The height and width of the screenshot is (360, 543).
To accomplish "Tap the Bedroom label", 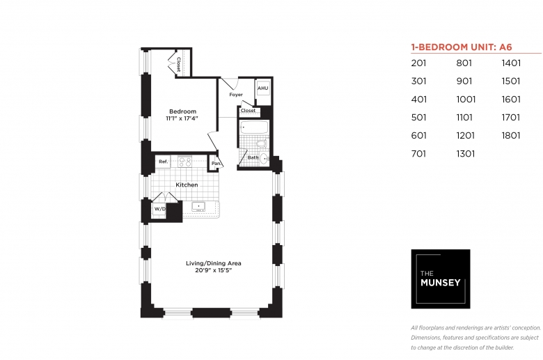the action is pos(182,111).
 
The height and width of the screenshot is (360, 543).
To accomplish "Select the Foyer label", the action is pos(236,95).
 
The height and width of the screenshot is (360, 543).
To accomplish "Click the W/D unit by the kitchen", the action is pos(159,210).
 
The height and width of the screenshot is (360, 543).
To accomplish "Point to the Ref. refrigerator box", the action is pos(163,162).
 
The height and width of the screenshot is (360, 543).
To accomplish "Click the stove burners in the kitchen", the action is pos(185,162).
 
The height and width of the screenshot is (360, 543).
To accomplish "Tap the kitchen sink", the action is pos(198,207).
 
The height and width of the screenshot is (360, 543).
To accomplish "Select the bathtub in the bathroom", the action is pos(254,127).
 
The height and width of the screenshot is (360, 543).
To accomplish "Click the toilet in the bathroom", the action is pos(262,143).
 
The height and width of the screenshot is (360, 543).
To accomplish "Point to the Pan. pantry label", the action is pos(217,163).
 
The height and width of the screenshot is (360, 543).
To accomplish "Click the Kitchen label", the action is pos(187,185).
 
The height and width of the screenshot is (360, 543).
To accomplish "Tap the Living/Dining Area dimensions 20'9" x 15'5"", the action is pos(213,270).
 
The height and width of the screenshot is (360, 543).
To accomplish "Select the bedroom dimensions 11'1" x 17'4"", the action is pos(182,118).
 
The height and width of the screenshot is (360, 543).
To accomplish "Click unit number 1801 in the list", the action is pos(511,136).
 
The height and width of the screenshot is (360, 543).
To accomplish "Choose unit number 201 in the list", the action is pos(418,63).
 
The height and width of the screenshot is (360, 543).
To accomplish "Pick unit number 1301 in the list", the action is pos(466,153).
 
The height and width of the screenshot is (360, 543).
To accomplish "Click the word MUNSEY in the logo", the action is pos(440,283).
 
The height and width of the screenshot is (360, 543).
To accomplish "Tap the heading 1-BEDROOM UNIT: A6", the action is pos(462,47).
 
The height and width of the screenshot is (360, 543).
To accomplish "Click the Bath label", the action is pos(253,157).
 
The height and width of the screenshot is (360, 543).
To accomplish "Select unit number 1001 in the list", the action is pos(466,100).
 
